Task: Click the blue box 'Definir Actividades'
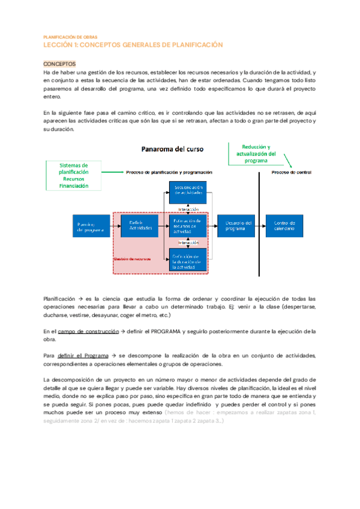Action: point(140,225)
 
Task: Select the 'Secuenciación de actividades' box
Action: point(188,191)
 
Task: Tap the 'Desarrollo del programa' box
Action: point(236,225)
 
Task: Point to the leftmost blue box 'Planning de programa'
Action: point(91,225)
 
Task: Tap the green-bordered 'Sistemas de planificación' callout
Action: point(74,176)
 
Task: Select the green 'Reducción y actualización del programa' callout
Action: point(256,154)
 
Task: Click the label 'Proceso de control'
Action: point(291,173)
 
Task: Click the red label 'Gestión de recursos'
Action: point(133,259)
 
